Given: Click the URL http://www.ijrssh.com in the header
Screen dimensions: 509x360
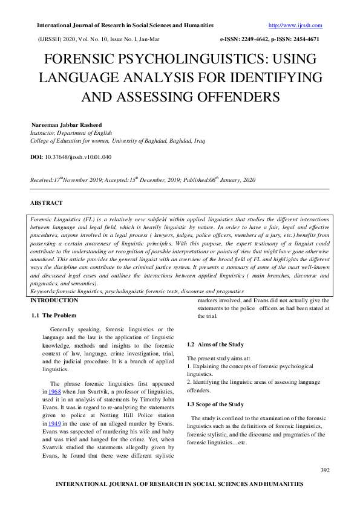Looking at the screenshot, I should (x=295, y=25).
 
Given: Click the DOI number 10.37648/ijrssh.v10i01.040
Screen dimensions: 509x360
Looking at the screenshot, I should (x=78, y=157).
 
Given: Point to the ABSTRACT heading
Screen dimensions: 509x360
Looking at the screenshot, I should (x=46, y=203).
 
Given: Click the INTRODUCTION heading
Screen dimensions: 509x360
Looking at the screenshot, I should (x=55, y=300).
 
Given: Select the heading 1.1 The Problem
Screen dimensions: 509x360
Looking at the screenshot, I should (x=53, y=316).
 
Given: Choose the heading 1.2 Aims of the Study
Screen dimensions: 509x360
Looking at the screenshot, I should (x=215, y=344).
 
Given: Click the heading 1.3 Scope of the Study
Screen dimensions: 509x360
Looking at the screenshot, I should (x=215, y=404).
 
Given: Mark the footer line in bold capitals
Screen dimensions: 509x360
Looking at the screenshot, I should (x=179, y=484).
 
